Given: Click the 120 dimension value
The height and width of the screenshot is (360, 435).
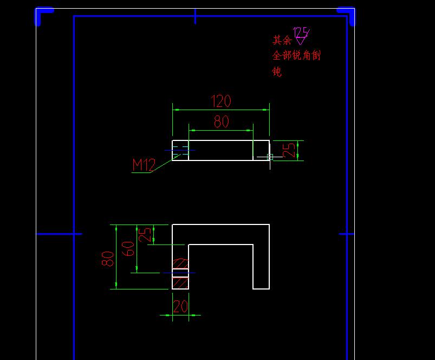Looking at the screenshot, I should pos(221,101).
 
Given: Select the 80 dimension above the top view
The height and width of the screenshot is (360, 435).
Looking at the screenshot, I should pos(221,122).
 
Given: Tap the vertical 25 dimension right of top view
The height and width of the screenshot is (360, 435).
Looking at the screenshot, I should pos(291,150).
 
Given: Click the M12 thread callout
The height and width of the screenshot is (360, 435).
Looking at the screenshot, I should pos(144,165).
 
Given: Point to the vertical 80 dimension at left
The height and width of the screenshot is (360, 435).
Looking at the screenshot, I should pos(108,258).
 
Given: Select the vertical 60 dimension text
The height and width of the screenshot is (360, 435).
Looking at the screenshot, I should pos(128,248).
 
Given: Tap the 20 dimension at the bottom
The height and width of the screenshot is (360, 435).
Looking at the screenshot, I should pos(180,307).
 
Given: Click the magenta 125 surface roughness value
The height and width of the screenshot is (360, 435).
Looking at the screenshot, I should pos(300,32).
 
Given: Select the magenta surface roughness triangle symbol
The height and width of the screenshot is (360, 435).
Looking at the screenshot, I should pos(301,41).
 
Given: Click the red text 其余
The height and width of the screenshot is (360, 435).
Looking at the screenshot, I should pos(282,40).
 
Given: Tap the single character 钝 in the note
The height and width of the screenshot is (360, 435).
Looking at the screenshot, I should pos(277,72).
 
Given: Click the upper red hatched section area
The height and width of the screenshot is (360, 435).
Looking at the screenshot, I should pos(180,263).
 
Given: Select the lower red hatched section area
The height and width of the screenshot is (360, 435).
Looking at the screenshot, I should pos(180,282).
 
